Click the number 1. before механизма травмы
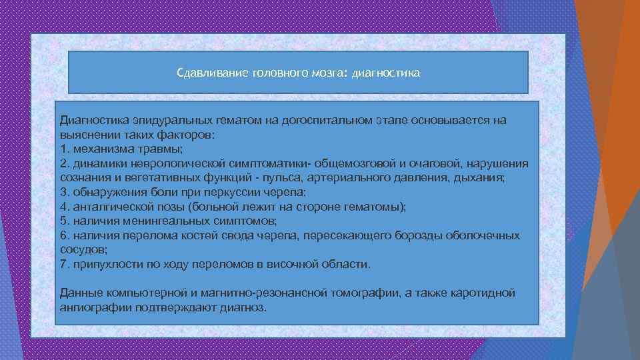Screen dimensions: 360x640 [x=64, y=149]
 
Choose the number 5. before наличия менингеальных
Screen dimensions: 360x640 [x=64, y=221]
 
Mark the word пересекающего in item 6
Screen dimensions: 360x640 [x=349, y=235]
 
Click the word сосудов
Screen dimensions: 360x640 [x=83, y=250]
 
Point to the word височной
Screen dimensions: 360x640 [x=299, y=265]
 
